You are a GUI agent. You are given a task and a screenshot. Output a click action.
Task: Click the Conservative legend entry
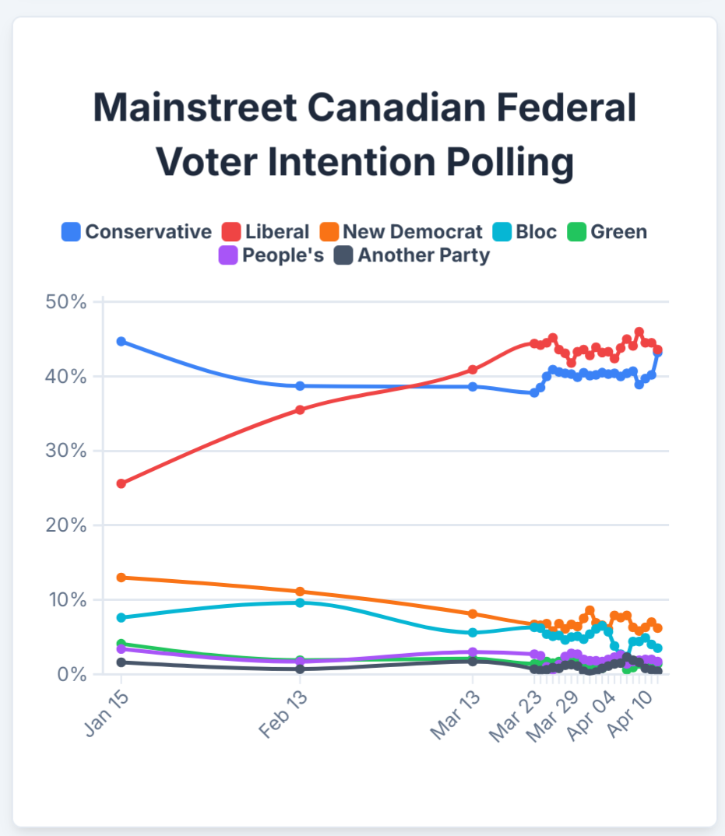137,232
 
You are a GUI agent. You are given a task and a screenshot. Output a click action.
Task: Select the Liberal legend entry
266,232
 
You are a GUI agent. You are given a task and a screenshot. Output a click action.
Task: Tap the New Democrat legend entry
401,232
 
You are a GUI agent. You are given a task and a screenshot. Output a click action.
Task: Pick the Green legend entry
607,232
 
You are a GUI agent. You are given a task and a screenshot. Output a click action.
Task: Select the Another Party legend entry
412,255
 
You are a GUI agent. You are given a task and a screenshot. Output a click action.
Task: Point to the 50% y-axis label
65,302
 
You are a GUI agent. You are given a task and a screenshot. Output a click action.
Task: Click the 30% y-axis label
65,451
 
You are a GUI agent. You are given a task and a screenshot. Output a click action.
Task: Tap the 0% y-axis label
70,675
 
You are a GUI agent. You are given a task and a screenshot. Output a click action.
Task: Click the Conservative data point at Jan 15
121,342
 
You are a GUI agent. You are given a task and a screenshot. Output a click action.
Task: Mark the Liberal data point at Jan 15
121,483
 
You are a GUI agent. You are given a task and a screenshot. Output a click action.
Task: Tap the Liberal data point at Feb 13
300,409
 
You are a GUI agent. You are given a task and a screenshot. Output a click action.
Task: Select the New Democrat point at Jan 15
121,578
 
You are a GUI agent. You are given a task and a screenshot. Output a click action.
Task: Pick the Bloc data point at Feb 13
300,602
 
